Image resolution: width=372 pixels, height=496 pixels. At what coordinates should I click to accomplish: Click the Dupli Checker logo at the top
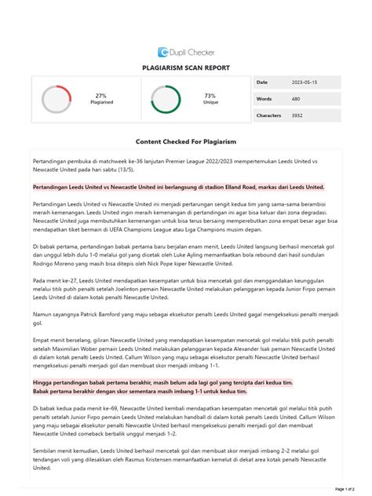pyautogui.click(x=185, y=51)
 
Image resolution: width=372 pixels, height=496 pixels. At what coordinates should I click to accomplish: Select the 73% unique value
pyautogui.click(x=210, y=95)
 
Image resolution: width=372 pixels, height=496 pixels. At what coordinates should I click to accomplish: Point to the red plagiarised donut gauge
pyautogui.click(x=57, y=99)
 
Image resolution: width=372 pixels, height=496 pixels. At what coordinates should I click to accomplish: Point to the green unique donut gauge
pyautogui.click(x=166, y=99)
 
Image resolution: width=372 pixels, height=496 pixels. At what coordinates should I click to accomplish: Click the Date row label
pyautogui.click(x=262, y=82)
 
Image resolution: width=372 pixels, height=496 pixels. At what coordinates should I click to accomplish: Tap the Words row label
pyautogui.click(x=264, y=99)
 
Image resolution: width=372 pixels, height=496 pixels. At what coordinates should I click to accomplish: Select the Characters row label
pyautogui.click(x=268, y=115)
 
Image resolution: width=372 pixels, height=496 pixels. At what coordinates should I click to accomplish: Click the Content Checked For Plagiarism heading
pyautogui.click(x=186, y=141)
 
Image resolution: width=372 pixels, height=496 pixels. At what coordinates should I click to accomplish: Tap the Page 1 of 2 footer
pyautogui.click(x=346, y=489)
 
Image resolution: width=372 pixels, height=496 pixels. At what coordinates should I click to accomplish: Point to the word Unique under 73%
pyautogui.click(x=210, y=103)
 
